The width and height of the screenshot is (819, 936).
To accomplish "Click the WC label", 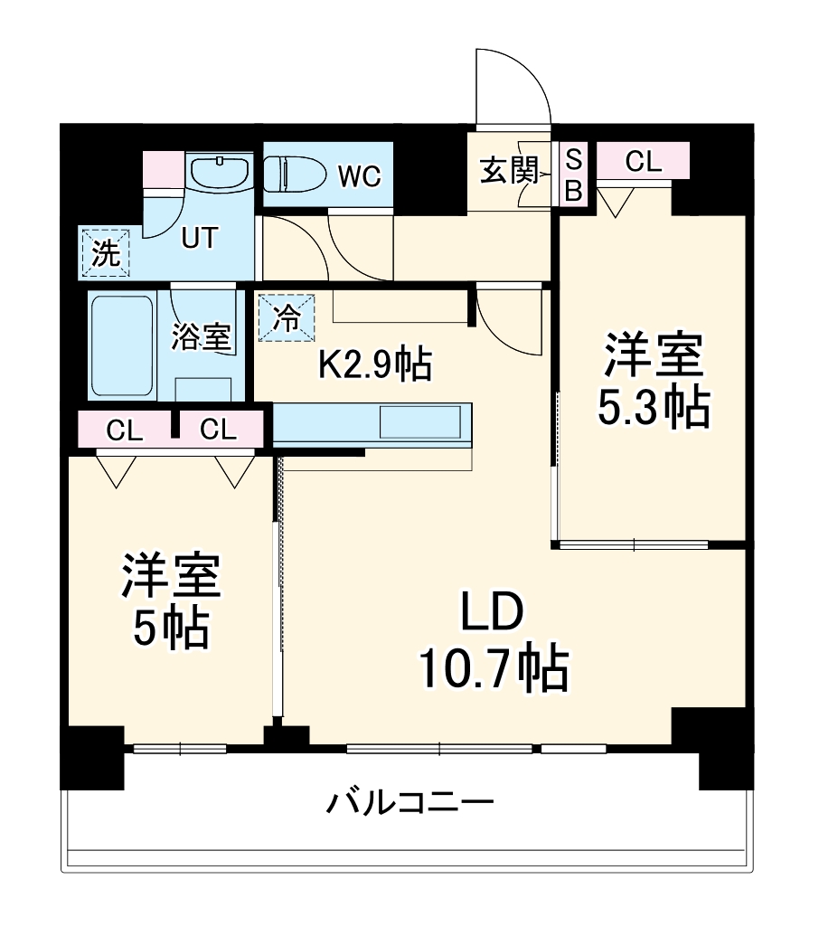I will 359,175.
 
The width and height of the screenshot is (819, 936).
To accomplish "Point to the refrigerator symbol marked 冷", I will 287,318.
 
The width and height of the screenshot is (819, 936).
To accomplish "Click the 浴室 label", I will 202,338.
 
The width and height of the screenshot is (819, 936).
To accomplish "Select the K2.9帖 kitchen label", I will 373,364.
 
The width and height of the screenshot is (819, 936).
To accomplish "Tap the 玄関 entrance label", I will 509,170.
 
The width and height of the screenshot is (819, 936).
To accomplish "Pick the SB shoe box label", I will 573,175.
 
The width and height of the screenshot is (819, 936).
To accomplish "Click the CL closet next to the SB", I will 643,162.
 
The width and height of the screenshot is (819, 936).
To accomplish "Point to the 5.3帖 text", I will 652,408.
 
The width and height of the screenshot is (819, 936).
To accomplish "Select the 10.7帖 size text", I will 493,671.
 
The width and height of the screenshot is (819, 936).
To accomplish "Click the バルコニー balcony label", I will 409,801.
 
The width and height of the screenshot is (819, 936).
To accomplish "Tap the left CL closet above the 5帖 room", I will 125,430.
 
